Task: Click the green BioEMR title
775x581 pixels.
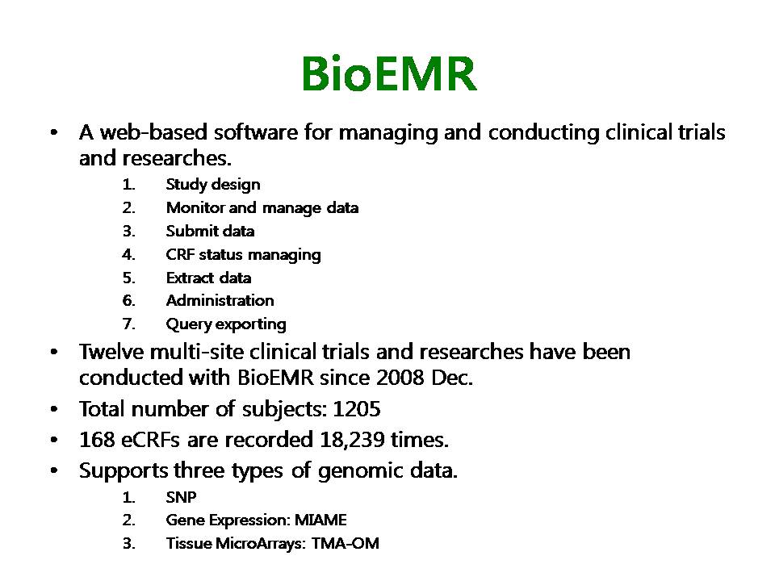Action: pos(389,73)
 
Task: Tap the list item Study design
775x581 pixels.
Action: pos(213,185)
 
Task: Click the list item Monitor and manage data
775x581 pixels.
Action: pos(262,208)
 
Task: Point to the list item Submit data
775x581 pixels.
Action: pos(210,232)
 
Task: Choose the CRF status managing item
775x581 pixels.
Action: pos(243,255)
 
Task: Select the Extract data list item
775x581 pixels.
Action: pos(208,278)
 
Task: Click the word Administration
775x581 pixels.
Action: pos(220,300)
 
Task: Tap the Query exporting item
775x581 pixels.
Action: pos(226,324)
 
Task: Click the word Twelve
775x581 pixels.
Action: pos(111,352)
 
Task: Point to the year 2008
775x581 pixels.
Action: pos(400,378)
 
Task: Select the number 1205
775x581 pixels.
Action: pos(356,409)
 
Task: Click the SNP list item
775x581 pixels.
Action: pos(181,497)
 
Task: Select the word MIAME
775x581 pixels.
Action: pos(320,520)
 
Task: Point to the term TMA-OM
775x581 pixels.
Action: pos(345,543)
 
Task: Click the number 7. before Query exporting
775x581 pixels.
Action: pos(128,324)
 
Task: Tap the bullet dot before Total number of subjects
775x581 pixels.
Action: pos(54,410)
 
